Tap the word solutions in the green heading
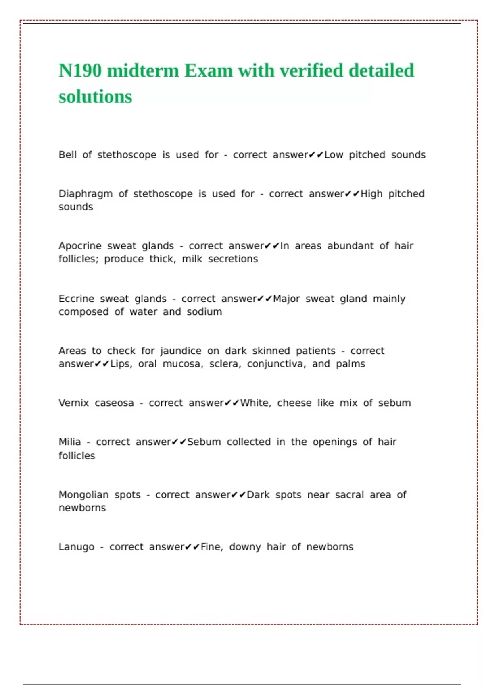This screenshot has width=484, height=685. [x=95, y=97]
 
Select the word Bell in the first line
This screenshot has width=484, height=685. [x=67, y=155]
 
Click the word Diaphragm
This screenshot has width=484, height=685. [x=86, y=194]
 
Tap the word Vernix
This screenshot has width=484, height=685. [x=73, y=403]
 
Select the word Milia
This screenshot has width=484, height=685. [x=69, y=442]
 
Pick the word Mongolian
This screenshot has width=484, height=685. [x=83, y=495]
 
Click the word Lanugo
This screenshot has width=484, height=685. [x=76, y=547]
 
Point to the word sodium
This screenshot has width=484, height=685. [x=204, y=312]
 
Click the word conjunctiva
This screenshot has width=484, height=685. [x=276, y=364]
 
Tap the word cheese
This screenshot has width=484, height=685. [x=294, y=403]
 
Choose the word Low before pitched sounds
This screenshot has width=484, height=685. [x=334, y=155]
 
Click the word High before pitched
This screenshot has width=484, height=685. [x=371, y=194]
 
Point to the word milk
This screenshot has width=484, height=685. [x=192, y=259]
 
